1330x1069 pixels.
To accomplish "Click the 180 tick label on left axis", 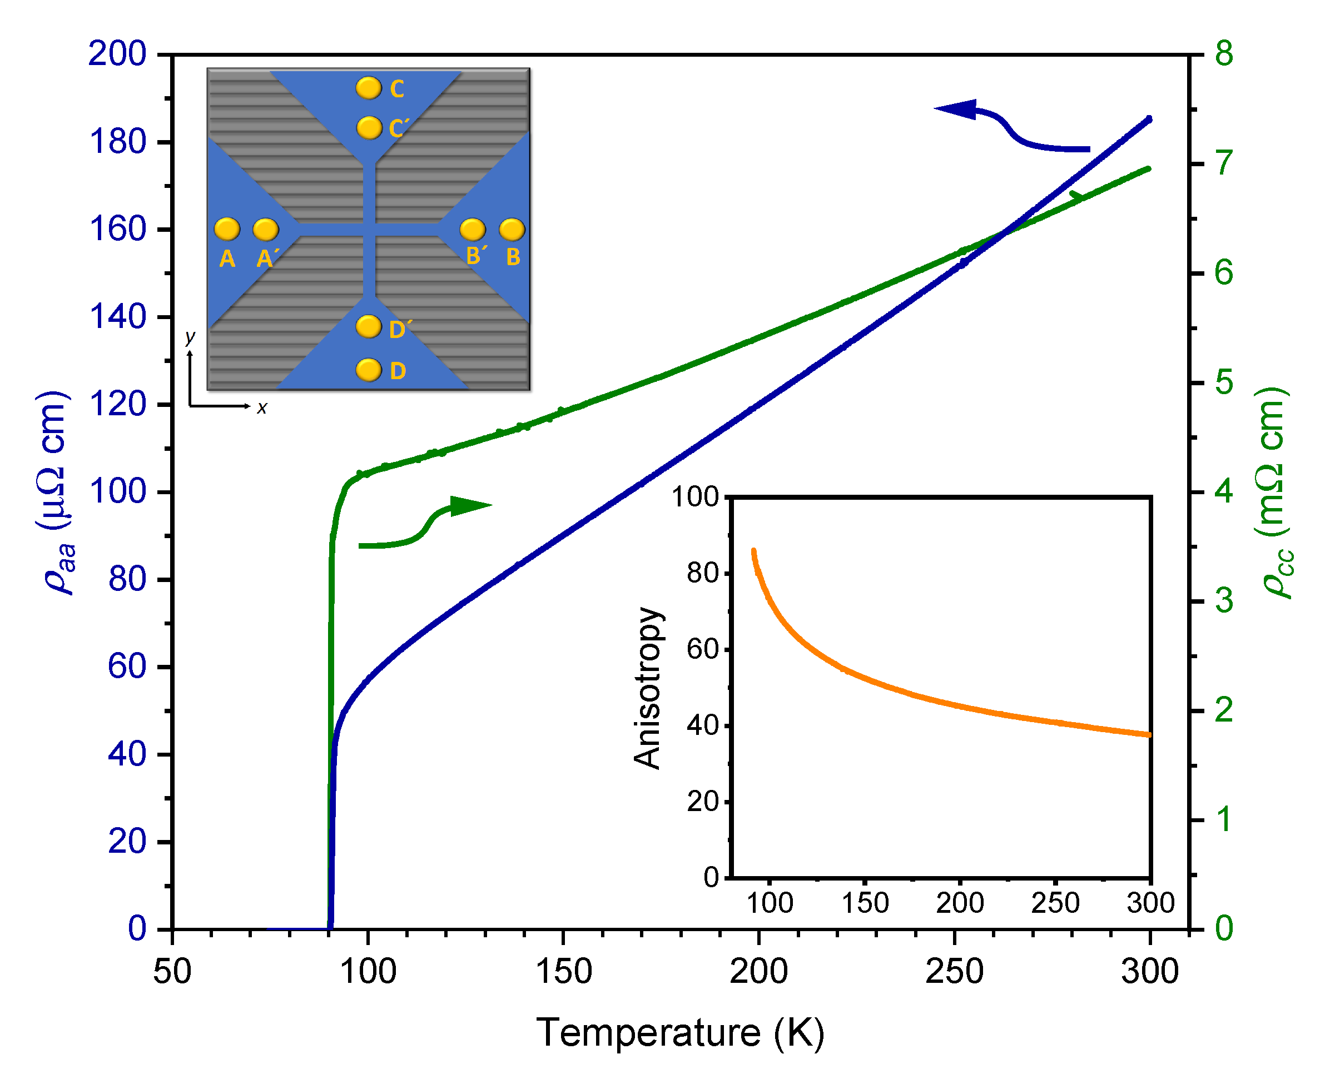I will click(x=118, y=142).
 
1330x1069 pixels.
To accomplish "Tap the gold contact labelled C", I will click(x=369, y=88).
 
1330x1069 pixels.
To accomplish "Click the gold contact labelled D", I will click(x=369, y=370).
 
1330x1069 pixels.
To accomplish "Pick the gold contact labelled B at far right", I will click(x=512, y=230).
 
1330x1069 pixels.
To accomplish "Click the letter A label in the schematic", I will click(x=227, y=258).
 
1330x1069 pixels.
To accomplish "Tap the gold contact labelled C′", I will click(x=369, y=128).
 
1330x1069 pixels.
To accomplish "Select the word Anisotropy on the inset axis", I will click(x=648, y=687).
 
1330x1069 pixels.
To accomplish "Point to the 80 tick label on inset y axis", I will click(x=703, y=573).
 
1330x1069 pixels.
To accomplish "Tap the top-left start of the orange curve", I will click(x=753, y=551).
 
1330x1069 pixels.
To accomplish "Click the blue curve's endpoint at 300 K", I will click(x=1149, y=119).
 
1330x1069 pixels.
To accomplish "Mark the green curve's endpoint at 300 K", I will click(x=1149, y=168).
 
